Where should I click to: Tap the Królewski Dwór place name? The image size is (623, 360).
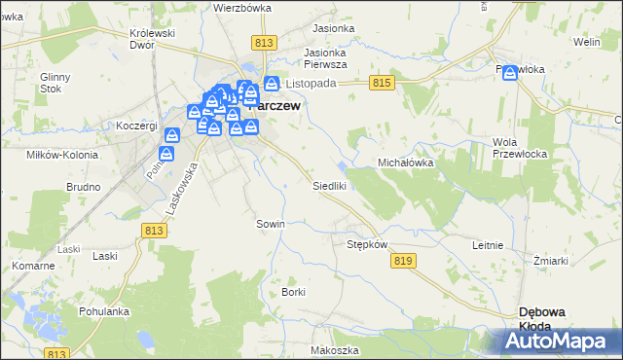152,39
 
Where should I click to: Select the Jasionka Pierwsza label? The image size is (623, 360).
326,59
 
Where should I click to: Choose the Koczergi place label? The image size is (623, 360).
136,126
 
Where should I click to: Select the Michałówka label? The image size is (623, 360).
405,163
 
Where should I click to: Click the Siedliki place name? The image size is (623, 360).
329,185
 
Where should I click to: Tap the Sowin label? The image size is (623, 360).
270,224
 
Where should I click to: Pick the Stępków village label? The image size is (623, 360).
368,244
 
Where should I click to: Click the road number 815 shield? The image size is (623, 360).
382,85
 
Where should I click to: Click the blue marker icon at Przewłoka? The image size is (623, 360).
511,73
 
